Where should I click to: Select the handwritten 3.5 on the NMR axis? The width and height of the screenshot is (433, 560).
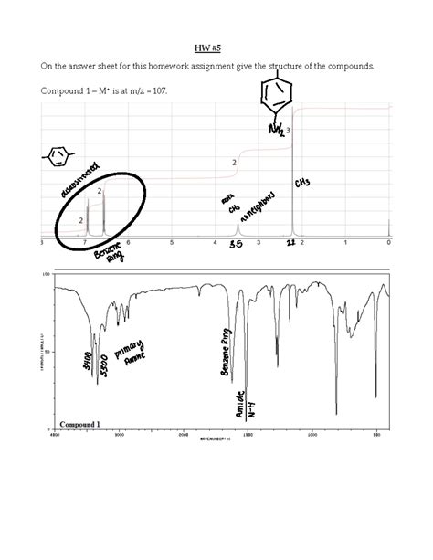pos(235,245)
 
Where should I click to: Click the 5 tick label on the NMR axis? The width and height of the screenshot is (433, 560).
pos(171,243)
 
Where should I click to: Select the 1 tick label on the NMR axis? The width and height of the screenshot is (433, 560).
pos(345,243)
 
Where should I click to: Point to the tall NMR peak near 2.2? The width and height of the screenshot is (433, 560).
pos(292,183)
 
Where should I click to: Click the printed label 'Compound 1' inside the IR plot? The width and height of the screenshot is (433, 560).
pos(79,424)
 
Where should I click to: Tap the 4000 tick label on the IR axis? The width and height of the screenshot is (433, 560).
pos(54,435)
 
